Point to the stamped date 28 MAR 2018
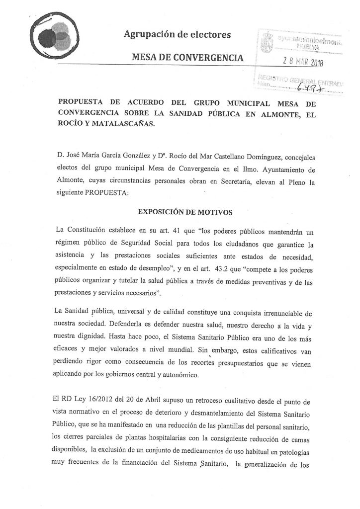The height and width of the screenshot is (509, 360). tap(307, 61)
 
